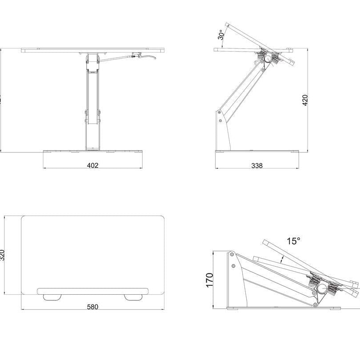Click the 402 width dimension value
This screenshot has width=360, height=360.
point(92,165)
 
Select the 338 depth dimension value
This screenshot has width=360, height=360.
point(257,165)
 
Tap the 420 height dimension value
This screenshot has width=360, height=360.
point(305,101)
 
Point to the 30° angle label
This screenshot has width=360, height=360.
point(221,34)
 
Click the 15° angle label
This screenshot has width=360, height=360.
point(293,241)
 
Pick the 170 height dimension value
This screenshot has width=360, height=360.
point(210,280)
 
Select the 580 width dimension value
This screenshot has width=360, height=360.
point(92,307)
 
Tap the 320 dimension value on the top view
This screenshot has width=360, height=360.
point(3,255)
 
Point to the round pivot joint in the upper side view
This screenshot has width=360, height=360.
point(268,58)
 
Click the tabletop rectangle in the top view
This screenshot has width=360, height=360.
point(92,249)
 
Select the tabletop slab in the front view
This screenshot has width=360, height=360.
point(92,51)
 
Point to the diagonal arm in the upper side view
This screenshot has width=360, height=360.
point(242,88)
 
